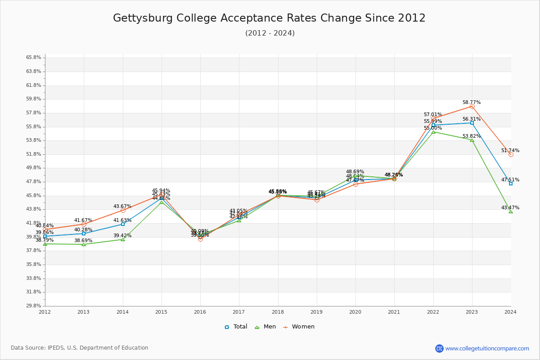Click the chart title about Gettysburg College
269,18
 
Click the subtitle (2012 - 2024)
270,33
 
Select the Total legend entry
236,327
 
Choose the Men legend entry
265,327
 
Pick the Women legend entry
299,327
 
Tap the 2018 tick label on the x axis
278,311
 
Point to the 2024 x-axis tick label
510,311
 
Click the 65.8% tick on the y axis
34,58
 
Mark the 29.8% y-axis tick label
34,306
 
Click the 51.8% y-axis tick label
34,154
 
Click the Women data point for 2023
472,107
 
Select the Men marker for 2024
511,211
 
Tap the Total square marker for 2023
472,123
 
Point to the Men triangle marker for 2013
84,244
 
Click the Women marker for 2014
123,210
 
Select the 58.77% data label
472,102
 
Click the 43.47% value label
510,207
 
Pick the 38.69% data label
83,241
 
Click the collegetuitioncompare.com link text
487,348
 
